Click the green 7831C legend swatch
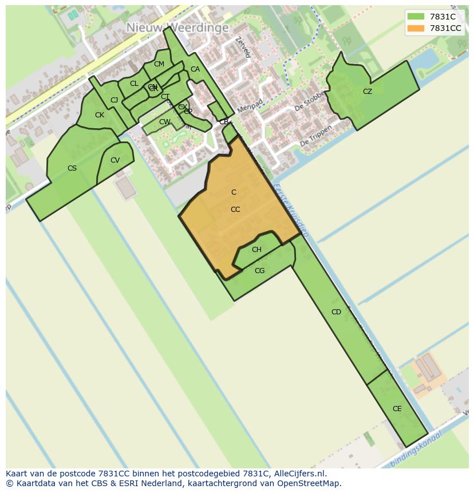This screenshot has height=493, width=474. pos(416,17)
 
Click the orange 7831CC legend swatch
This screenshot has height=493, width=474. pos(416,28)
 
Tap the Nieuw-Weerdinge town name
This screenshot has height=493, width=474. pos(177,27)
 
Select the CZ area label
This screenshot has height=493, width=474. pos(368,92)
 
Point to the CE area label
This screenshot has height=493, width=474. pos(397,409)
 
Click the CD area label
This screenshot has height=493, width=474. pos(336,312)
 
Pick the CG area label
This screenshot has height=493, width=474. pos(259,271)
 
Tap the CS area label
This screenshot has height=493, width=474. pos(72,168)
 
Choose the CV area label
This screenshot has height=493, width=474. pos(115,160)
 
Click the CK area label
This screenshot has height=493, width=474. pos(100,115)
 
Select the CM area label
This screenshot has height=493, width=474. pos(159,64)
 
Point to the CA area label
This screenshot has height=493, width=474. pos(195,69)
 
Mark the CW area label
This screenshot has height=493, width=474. pos(164,122)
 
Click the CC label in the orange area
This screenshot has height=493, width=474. pos(235,210)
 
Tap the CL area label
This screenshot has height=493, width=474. pos(134,84)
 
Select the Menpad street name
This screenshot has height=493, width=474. pos(250,107)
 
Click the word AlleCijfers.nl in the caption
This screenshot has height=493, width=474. pos(298,474)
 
